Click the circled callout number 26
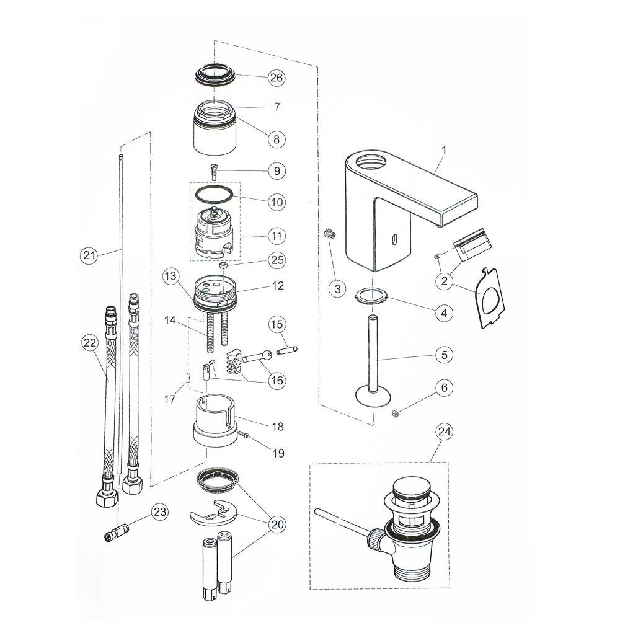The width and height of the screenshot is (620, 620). click(x=276, y=77)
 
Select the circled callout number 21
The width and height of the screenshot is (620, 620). click(x=89, y=255)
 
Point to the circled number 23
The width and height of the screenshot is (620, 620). click(x=159, y=512)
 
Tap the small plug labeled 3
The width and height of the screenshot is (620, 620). click(x=330, y=234)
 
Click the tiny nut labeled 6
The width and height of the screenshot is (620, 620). click(x=395, y=414)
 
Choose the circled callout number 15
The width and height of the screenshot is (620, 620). click(x=277, y=324)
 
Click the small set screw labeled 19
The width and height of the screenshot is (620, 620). click(x=246, y=437)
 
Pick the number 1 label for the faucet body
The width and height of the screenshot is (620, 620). click(x=443, y=149)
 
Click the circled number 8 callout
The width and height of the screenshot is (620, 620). click(x=276, y=139)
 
